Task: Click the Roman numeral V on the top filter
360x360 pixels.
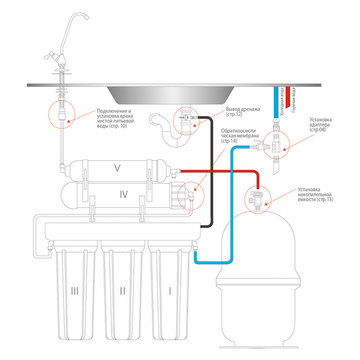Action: pos(117,168)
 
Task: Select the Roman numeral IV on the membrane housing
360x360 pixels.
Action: pos(124,194)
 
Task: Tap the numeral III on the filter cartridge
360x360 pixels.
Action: pos(75,291)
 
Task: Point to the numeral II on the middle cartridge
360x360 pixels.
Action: pos(123,291)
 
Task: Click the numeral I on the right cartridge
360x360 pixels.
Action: pos(170,291)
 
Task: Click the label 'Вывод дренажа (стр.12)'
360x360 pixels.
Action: pos(243,112)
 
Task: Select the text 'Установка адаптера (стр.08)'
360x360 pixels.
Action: pos(320,125)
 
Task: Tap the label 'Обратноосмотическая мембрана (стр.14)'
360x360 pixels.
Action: pos(240,136)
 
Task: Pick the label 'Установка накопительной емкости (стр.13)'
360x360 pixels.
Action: pos(315,194)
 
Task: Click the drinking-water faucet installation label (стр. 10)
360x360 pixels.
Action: pos(115,118)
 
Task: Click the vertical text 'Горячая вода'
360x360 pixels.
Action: pos(294,100)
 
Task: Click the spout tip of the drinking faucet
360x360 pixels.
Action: pos(86,17)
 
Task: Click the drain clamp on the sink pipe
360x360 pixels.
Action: pos(186,118)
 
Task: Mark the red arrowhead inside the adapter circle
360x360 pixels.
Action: pos(284,149)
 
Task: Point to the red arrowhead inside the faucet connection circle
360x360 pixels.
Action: pos(68,121)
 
